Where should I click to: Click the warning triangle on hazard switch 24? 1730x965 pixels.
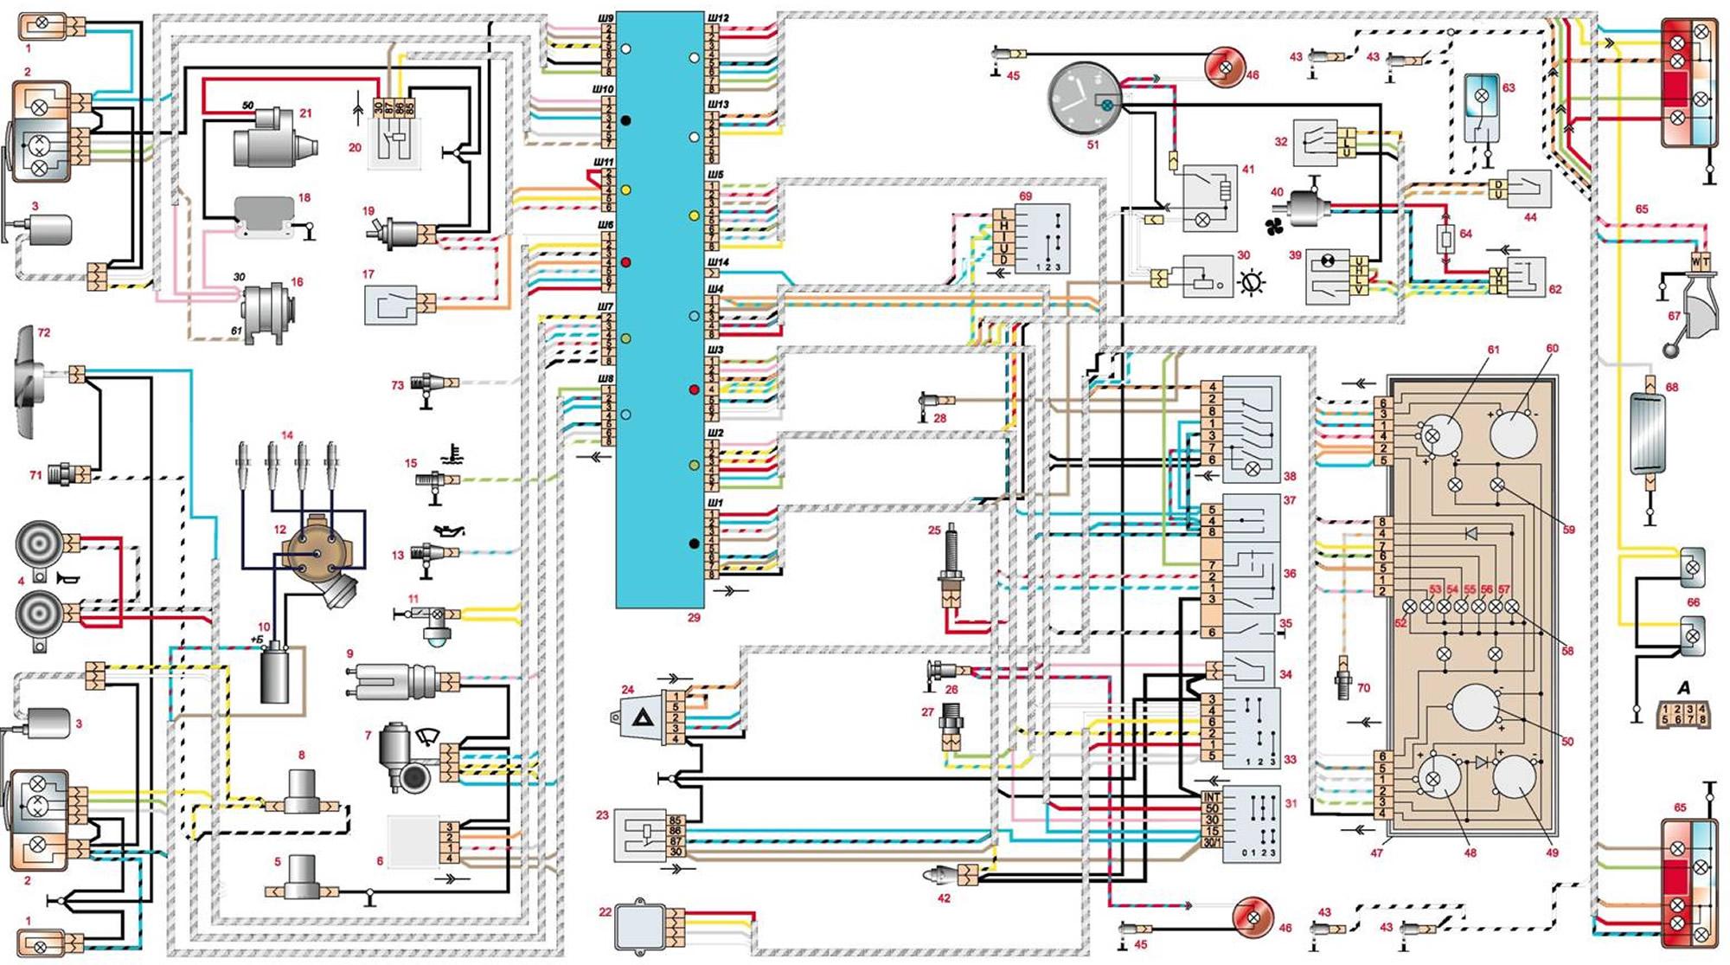tap(641, 717)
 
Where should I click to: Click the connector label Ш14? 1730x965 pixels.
tap(718, 261)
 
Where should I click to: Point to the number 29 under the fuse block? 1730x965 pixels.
tap(694, 618)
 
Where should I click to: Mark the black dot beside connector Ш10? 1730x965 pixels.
tap(625, 120)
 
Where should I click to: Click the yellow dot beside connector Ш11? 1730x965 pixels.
tap(625, 190)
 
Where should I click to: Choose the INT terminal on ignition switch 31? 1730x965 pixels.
tap(1211, 796)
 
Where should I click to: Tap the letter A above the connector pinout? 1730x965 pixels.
tap(1683, 688)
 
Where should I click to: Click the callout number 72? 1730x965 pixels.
tap(44, 332)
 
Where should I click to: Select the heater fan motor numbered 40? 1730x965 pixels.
tap(1309, 208)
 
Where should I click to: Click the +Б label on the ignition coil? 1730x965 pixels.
tap(257, 640)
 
